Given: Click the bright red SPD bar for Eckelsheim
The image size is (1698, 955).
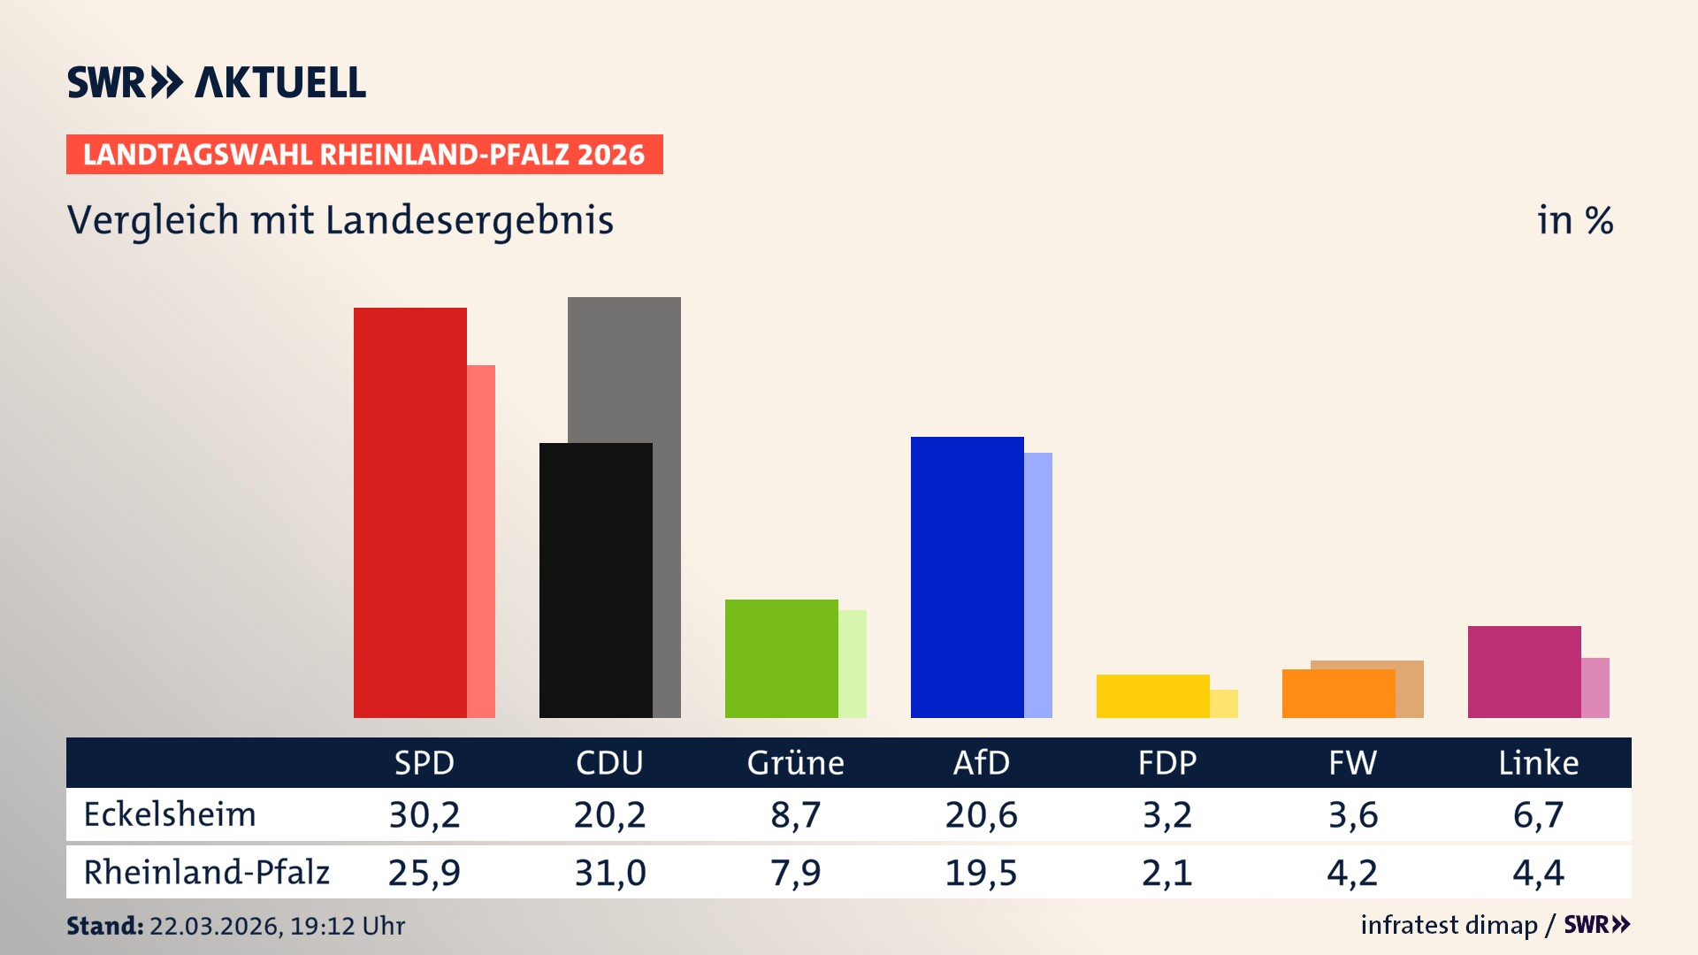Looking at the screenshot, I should click(x=409, y=513).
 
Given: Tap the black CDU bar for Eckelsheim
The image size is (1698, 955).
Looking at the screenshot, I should click(x=595, y=580).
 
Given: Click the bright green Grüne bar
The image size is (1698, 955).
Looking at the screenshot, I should click(x=781, y=659).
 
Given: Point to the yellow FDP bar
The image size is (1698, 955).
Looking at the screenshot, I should click(x=1152, y=696).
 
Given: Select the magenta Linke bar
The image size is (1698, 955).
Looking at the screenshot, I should click(x=1524, y=672).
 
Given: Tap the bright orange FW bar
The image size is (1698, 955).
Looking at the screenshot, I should click(x=1338, y=694).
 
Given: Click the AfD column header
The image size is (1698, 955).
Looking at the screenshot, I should click(x=981, y=762).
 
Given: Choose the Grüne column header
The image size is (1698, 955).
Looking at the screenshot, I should click(x=795, y=762).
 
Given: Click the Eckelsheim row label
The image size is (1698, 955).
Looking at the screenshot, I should click(x=170, y=814).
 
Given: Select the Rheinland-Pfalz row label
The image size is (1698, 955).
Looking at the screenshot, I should click(x=206, y=873).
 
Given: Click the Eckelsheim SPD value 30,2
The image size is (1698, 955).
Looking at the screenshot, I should click(x=424, y=814).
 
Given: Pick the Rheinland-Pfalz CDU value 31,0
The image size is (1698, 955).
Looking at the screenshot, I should click(x=610, y=873).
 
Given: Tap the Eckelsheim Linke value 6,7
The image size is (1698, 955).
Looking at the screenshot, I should click(x=1538, y=814).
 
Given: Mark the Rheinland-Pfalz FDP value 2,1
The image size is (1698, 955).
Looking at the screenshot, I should click(x=1166, y=873).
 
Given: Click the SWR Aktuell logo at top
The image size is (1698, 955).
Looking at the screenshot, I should click(x=217, y=82).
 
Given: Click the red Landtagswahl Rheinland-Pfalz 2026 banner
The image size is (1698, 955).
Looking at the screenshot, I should click(x=364, y=155).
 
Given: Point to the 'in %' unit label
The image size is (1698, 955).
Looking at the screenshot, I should click(x=1574, y=220).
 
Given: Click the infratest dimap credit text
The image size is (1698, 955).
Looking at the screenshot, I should click(x=1449, y=925).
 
